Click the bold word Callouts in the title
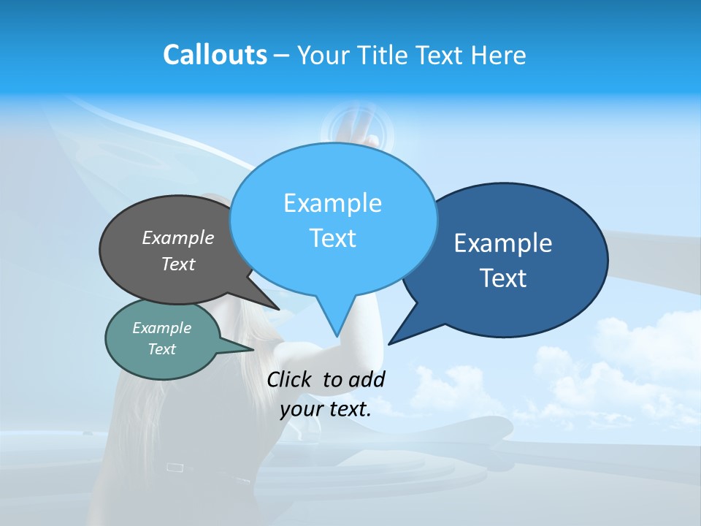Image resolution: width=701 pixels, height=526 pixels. pyautogui.click(x=215, y=55)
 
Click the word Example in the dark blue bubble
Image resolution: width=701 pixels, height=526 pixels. pyautogui.click(x=503, y=243)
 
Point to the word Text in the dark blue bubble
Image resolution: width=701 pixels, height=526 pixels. pyautogui.click(x=503, y=278)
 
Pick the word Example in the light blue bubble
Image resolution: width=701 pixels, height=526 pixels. pyautogui.click(x=332, y=203)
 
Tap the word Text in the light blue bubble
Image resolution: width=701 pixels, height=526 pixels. pyautogui.click(x=332, y=238)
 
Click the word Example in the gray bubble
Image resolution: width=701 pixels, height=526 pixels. pyautogui.click(x=178, y=237)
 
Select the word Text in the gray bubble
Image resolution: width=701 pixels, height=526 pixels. pyautogui.click(x=178, y=264)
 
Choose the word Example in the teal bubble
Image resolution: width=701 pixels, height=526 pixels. pyautogui.click(x=161, y=328)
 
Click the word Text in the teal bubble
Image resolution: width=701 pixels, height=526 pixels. pyautogui.click(x=161, y=349)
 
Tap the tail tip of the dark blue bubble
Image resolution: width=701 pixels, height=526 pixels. pyautogui.click(x=389, y=343)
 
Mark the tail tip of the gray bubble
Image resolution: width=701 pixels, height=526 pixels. pyautogui.click(x=278, y=309)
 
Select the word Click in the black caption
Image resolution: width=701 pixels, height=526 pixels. pyautogui.click(x=290, y=379)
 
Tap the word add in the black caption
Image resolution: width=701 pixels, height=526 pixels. pyautogui.click(x=367, y=379)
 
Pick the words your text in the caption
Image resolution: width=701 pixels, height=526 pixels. pyautogui.click(x=326, y=409)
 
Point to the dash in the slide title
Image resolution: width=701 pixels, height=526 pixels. pyautogui.click(x=282, y=56)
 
